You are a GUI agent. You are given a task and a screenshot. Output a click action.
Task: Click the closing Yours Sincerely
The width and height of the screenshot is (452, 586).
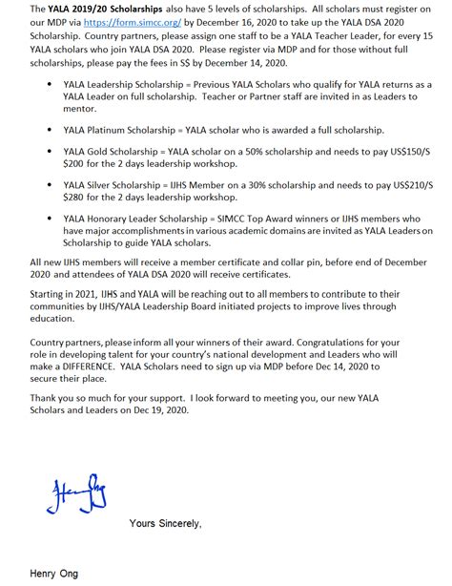point(165,524)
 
